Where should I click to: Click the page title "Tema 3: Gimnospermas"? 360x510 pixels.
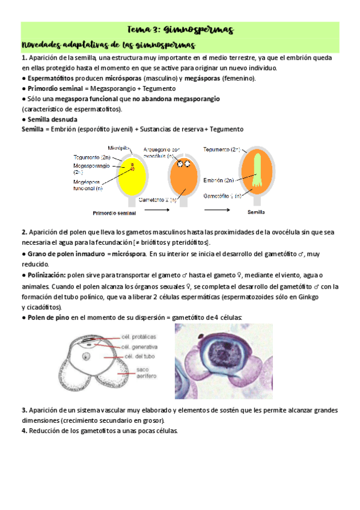coord(180,29)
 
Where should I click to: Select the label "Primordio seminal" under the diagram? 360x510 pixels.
coord(114,213)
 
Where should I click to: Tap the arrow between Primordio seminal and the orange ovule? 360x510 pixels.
coord(157,210)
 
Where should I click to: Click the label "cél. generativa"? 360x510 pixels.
coord(139,347)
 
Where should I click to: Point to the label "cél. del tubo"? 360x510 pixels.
coord(138,357)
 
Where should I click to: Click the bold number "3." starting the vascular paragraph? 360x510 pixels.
coord(25,410)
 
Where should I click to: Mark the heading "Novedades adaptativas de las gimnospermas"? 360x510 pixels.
coord(108,46)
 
